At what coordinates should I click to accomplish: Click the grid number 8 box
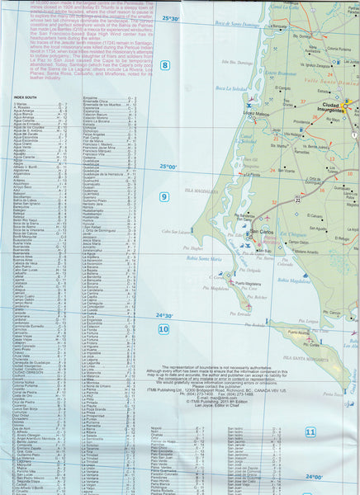(x=164, y=65)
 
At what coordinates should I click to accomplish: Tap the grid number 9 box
(x=164, y=196)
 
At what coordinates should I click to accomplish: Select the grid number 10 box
(x=163, y=329)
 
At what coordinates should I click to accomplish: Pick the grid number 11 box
(x=310, y=431)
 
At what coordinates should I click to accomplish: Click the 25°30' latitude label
(x=171, y=17)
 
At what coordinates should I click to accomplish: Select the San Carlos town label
(x=263, y=232)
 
